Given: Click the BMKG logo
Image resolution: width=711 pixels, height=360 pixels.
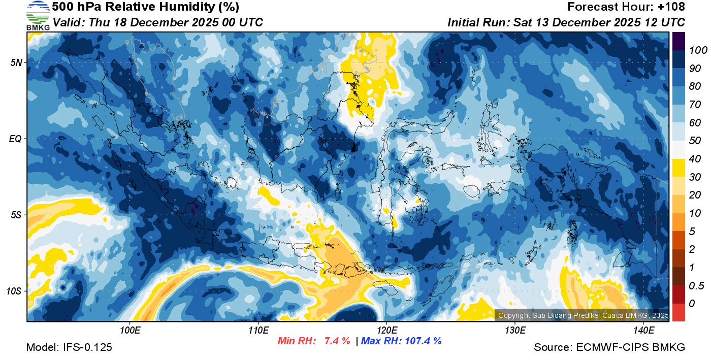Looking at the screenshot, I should tap(38, 15).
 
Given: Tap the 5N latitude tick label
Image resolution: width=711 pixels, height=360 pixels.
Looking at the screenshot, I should tap(16, 62).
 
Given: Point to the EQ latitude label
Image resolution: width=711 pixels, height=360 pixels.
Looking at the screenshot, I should tap(15, 139).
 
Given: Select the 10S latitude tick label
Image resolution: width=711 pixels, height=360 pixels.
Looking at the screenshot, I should tap(14, 291).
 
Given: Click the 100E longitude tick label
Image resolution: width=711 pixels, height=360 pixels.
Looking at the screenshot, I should tap(130, 331).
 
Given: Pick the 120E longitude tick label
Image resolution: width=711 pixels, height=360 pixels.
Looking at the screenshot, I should tap(386, 331).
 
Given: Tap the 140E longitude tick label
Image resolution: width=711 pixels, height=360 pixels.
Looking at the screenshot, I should tap(643, 331).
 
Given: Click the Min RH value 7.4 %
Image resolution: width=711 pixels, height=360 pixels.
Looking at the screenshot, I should tap(337, 341).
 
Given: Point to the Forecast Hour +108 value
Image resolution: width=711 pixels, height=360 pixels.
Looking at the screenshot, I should tap(674, 7).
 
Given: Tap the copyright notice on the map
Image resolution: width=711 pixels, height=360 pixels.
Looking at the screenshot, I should tap(583, 315).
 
